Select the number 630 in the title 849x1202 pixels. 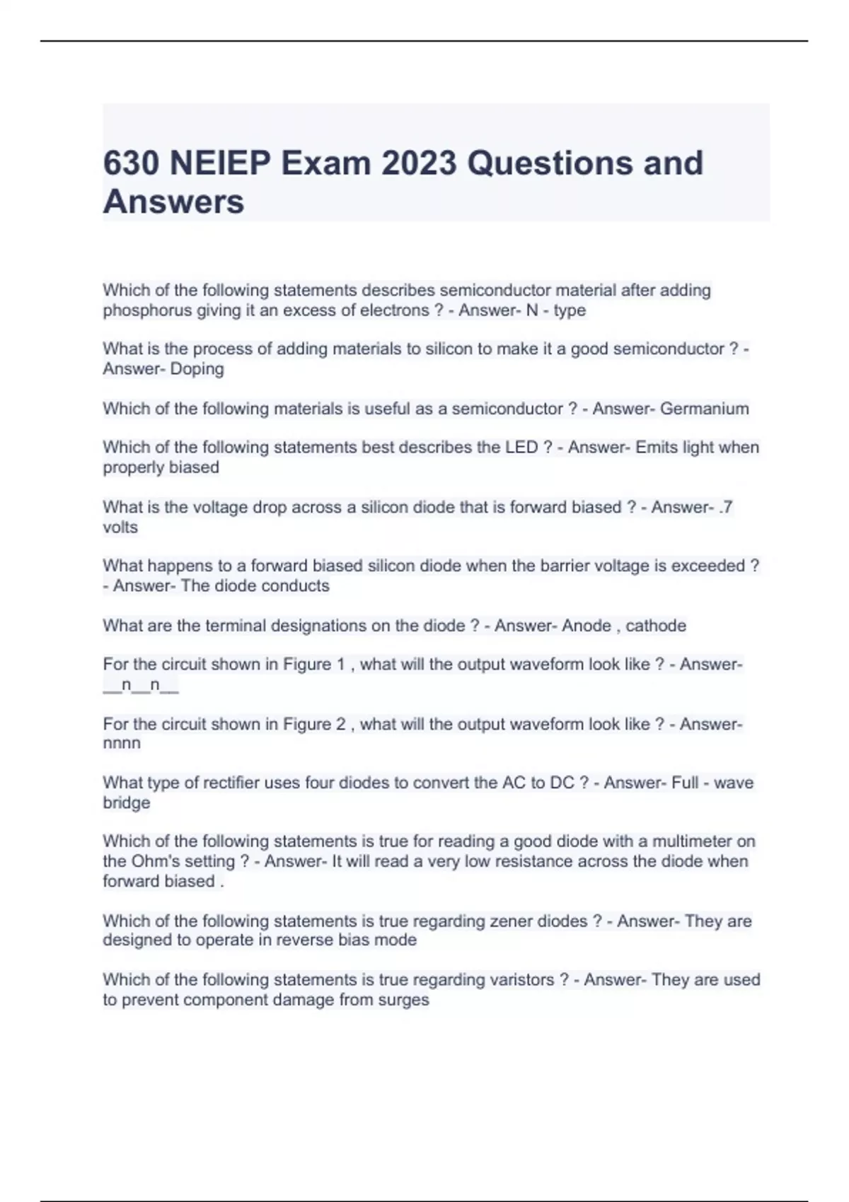[x=131, y=163]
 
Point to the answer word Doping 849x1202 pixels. [x=197, y=369]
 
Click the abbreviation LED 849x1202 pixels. [x=521, y=448]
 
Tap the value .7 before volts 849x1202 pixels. [x=724, y=507]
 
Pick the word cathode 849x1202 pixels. [x=656, y=626]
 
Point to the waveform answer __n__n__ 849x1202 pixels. [x=140, y=685]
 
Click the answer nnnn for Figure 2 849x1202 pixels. [x=122, y=744]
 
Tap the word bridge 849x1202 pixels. [x=126, y=803]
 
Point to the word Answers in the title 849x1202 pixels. [x=173, y=202]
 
